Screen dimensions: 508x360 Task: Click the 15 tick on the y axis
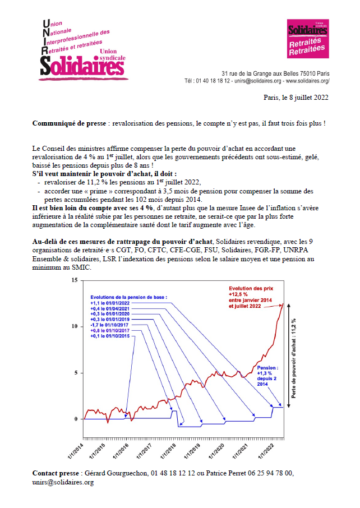tap(76, 280)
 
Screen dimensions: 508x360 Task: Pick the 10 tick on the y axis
tap(76, 326)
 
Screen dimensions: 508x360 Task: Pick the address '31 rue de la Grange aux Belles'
tap(261, 73)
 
